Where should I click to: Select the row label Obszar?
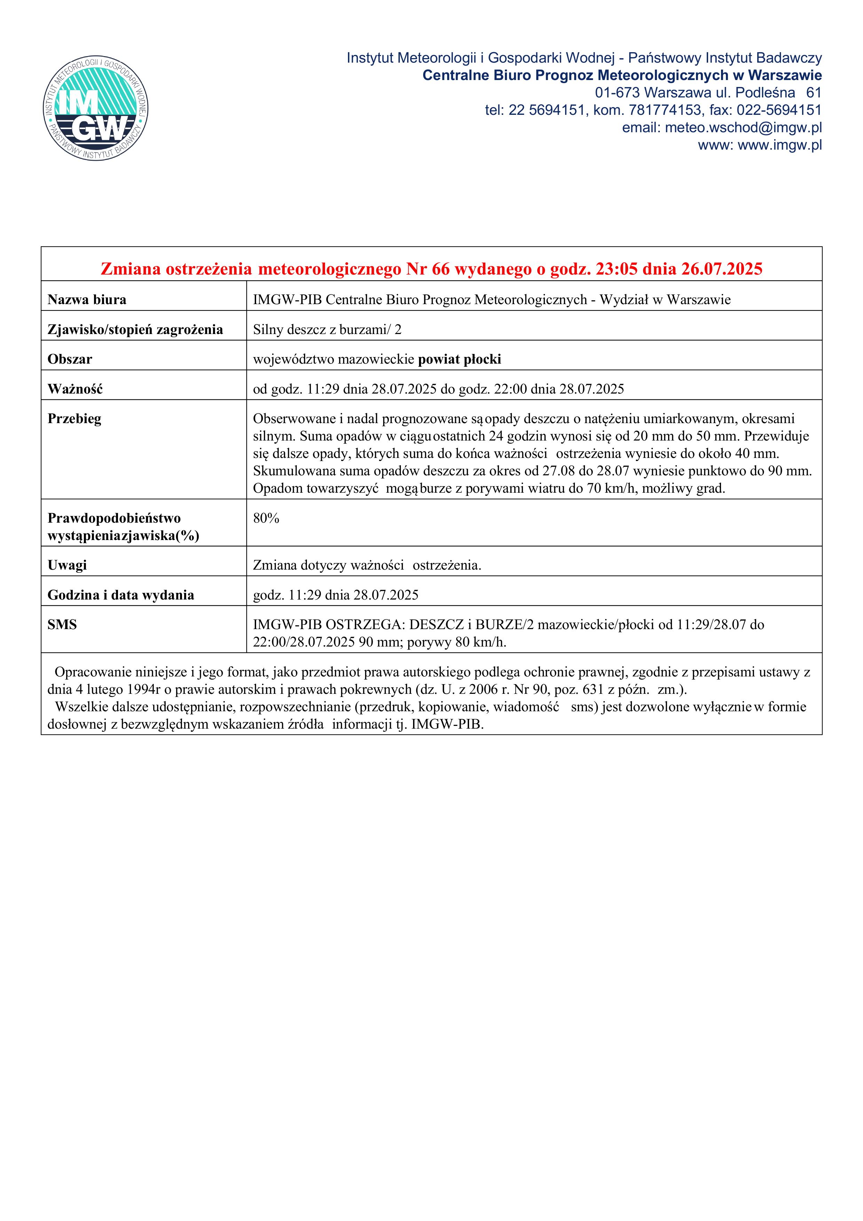tap(70, 359)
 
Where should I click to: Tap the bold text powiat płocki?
tap(459, 359)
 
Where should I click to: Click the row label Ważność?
tap(75, 389)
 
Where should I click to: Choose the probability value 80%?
tap(266, 518)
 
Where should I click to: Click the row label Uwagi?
tap(67, 565)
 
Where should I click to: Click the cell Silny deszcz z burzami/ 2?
tap(327, 330)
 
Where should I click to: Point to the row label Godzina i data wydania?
tap(121, 595)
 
